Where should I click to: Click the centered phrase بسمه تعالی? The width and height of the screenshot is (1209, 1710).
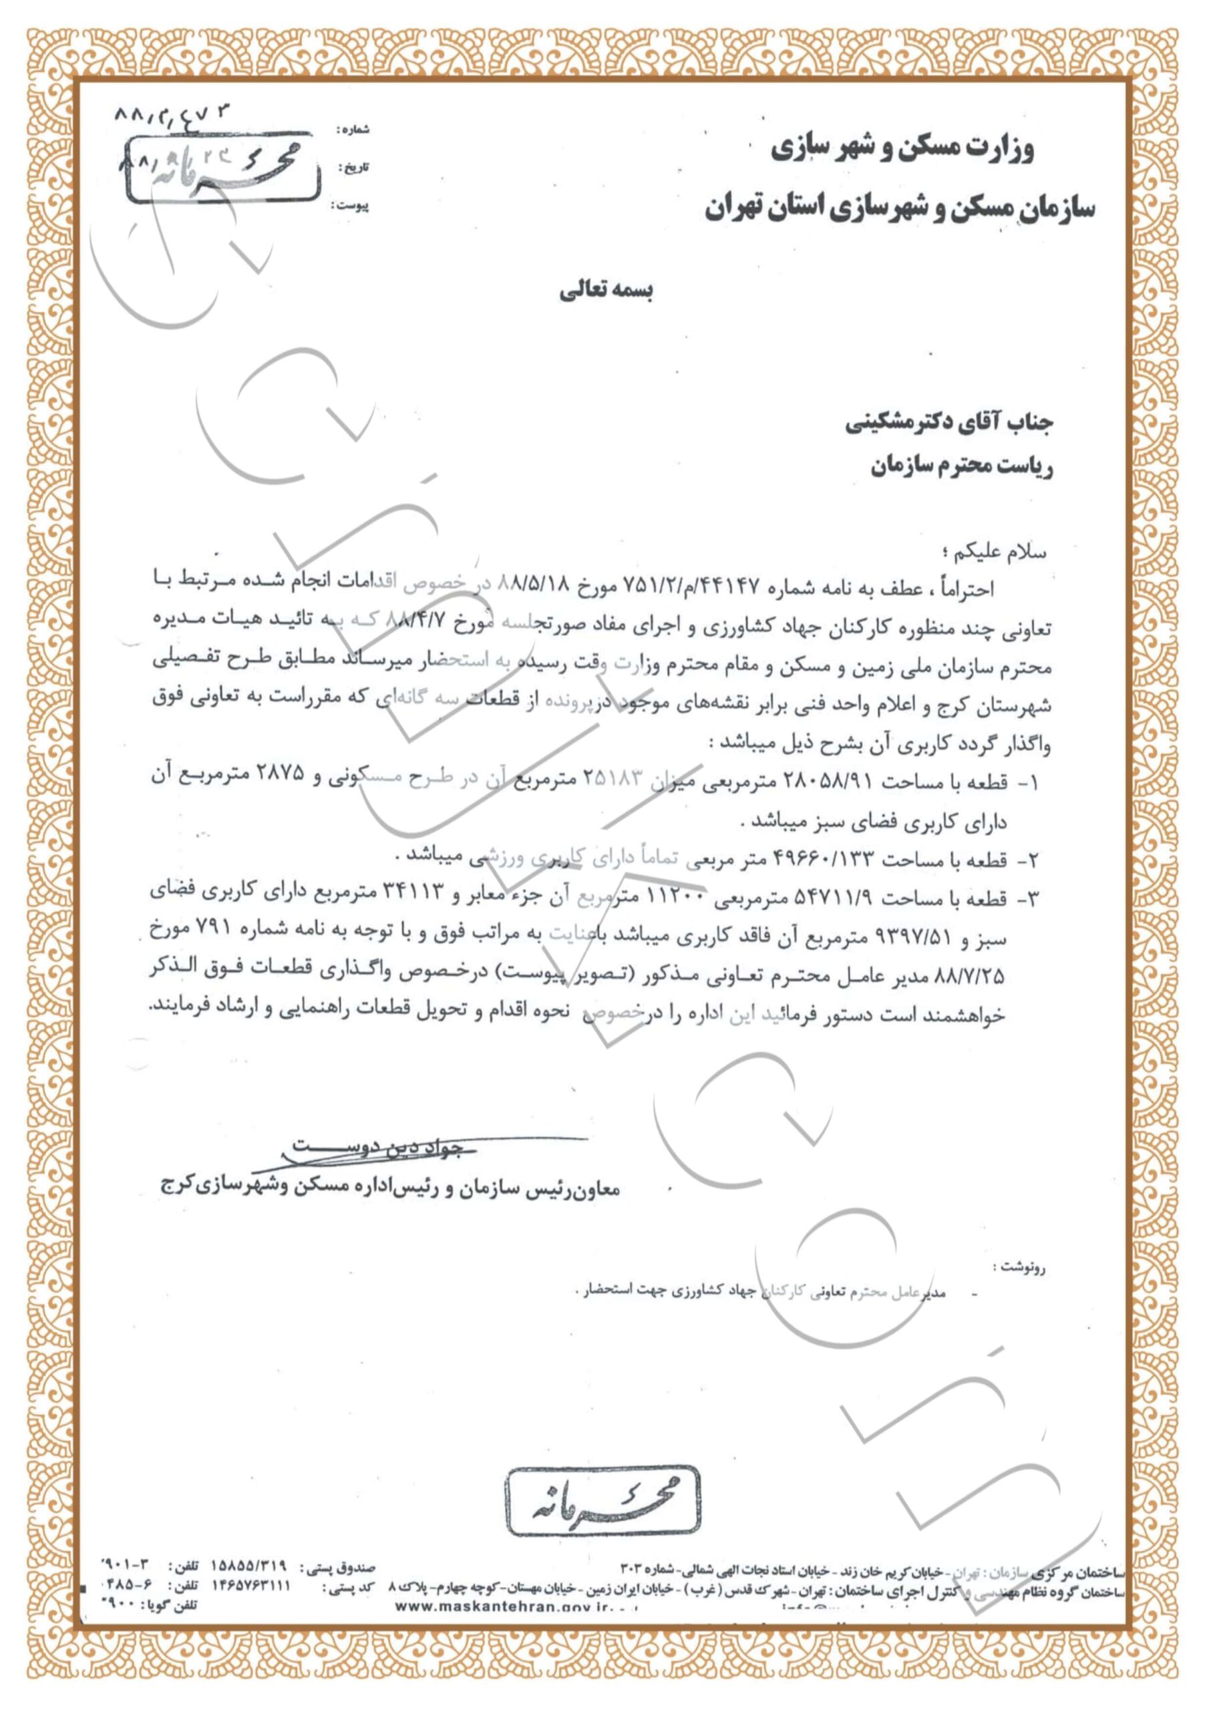point(607,291)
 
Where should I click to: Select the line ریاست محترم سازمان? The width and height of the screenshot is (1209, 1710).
point(962,468)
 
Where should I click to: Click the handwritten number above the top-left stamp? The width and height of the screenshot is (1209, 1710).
point(174,118)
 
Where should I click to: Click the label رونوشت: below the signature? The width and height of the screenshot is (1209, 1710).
point(1019,1264)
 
